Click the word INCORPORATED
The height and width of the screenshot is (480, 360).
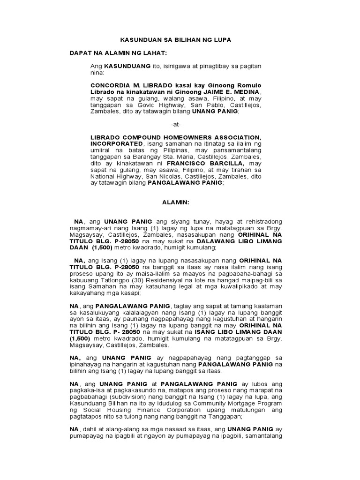pyautogui.click(x=116, y=143)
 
